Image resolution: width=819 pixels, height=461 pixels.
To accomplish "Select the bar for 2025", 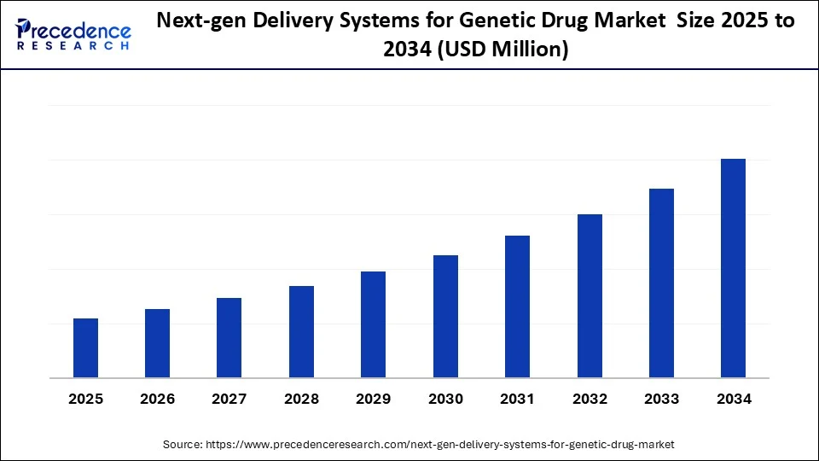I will click(x=85, y=348).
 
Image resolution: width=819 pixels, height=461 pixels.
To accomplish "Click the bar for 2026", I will click(x=157, y=343).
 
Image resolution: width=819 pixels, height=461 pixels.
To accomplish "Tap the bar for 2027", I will click(x=229, y=338).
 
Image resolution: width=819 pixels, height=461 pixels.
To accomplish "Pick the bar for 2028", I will click(x=301, y=332).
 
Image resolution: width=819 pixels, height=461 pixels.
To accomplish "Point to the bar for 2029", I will click(x=373, y=324).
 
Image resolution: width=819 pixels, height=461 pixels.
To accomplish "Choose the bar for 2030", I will click(x=445, y=317).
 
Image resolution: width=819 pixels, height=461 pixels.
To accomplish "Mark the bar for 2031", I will click(x=517, y=306).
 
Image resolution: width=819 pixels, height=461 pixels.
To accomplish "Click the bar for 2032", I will click(x=590, y=296).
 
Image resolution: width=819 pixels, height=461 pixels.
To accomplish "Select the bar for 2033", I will click(x=661, y=283).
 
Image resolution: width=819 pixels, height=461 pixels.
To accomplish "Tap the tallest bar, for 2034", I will click(x=733, y=268).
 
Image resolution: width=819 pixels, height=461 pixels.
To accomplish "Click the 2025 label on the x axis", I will click(x=85, y=399).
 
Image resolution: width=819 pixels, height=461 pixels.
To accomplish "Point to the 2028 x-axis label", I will click(x=301, y=399).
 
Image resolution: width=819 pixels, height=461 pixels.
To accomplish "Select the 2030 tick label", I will click(x=445, y=399).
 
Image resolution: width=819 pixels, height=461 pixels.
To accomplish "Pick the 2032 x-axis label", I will click(x=590, y=399).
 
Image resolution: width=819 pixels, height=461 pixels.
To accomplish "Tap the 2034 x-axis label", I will click(x=733, y=399).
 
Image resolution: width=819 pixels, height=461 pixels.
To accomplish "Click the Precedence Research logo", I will click(x=73, y=35).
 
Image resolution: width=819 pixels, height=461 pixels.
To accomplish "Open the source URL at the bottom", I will click(x=440, y=444).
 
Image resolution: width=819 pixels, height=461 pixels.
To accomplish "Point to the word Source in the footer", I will click(x=183, y=444).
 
